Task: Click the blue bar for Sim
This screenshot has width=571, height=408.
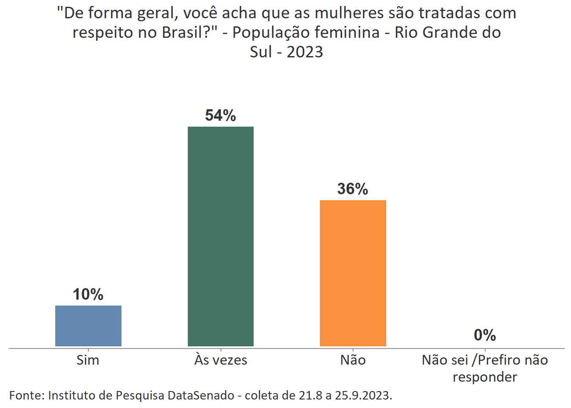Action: point(88,326)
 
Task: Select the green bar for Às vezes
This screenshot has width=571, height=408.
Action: point(220,236)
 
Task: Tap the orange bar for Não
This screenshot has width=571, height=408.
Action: point(353,273)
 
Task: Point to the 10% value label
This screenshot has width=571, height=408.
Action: point(88,294)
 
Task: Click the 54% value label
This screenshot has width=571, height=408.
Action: point(220,115)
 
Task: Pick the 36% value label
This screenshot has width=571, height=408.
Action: point(353,189)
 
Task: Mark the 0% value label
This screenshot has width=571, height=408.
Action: point(485,335)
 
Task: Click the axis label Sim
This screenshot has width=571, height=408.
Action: point(88,360)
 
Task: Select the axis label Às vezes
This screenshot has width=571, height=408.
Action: point(220,360)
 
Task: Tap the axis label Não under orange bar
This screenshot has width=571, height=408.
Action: point(353,360)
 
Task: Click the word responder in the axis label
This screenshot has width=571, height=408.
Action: point(485,377)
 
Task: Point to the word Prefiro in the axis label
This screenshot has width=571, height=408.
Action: point(499,360)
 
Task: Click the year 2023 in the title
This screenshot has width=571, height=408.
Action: point(305,52)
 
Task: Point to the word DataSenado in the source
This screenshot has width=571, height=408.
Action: point(201,395)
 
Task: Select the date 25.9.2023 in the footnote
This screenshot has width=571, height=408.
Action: point(363,395)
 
